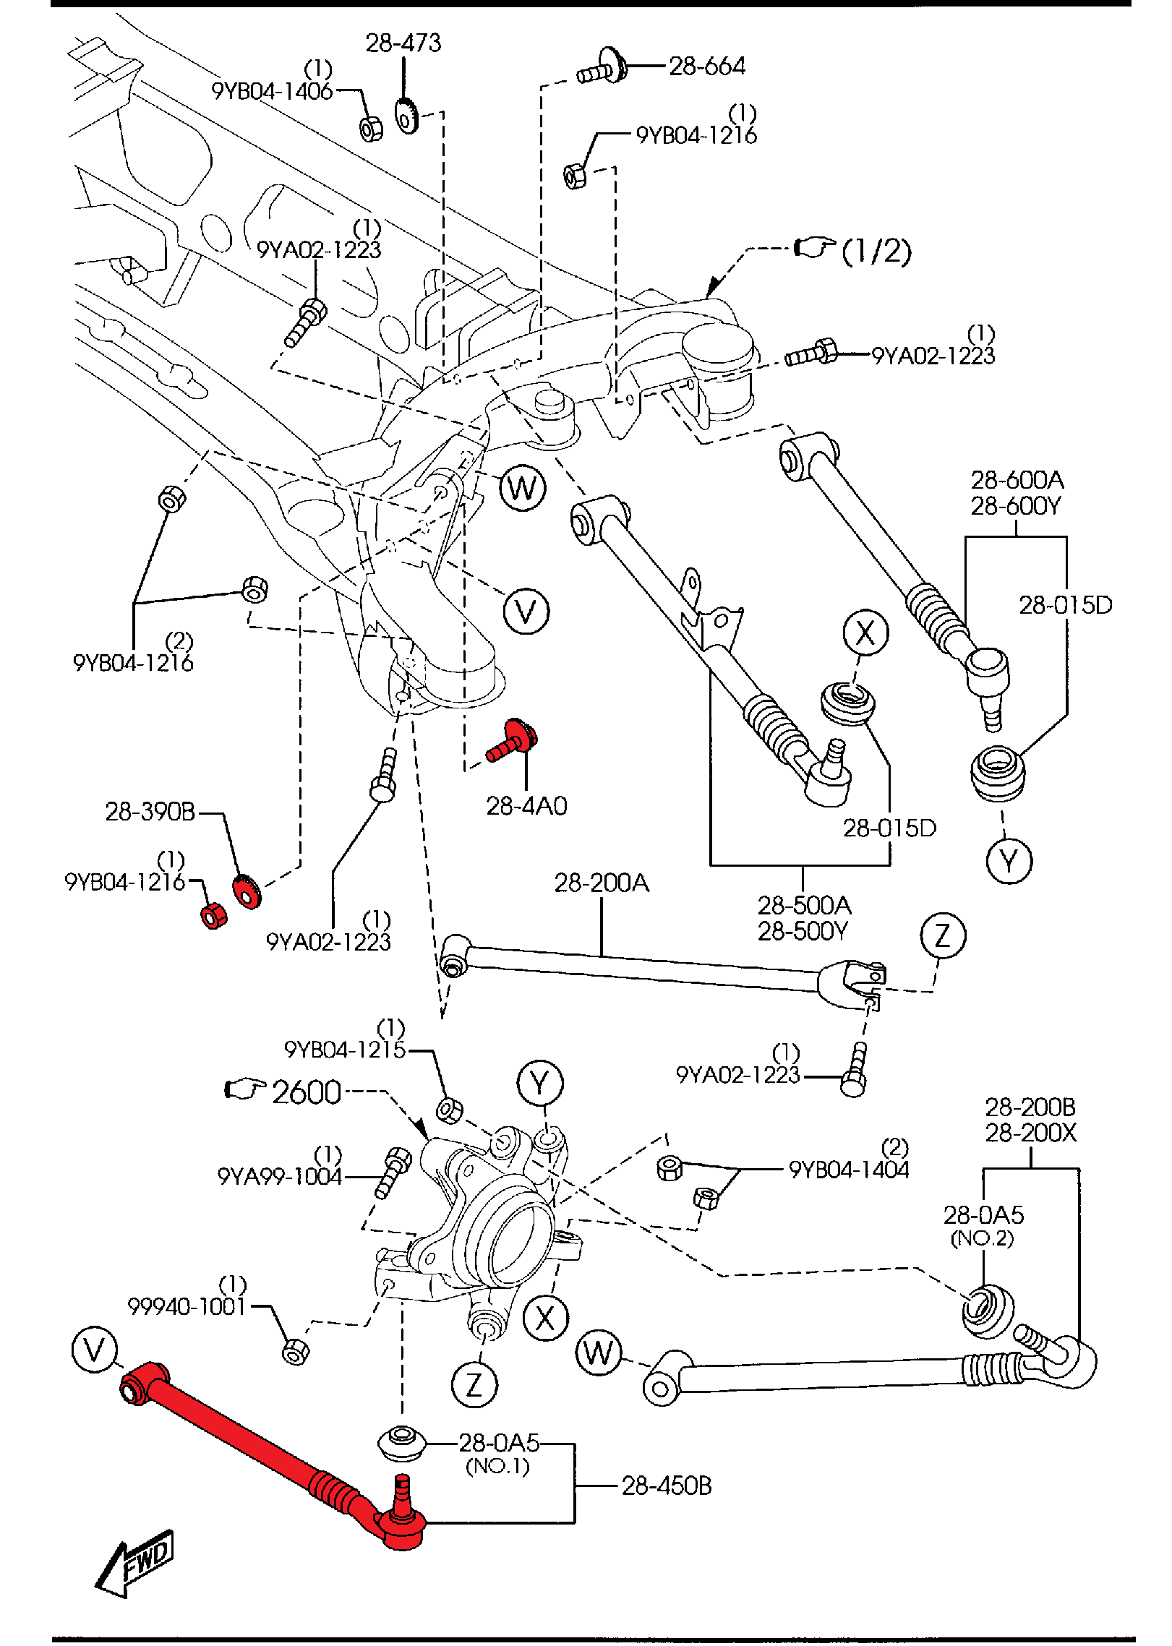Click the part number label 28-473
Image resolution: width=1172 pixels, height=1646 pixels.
pyautogui.click(x=403, y=43)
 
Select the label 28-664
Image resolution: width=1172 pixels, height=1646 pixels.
pyautogui.click(x=706, y=67)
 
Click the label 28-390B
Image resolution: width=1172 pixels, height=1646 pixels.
pyautogui.click(x=150, y=812)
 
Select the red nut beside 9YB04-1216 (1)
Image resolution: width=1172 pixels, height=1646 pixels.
pyautogui.click(x=213, y=916)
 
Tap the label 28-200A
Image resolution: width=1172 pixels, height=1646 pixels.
pyautogui.click(x=602, y=883)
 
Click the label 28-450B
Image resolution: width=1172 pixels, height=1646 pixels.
pyautogui.click(x=666, y=1486)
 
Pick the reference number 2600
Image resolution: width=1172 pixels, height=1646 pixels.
pyautogui.click(x=307, y=1092)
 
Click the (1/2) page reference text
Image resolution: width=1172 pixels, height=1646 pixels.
pyautogui.click(x=876, y=251)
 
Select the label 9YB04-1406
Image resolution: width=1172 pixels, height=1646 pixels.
pyautogui.click(x=272, y=91)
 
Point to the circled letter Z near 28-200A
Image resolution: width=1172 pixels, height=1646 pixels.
pyautogui.click(x=943, y=935)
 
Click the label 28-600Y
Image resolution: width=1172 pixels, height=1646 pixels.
pyautogui.click(x=1015, y=506)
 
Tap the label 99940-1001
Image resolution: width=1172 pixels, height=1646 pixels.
pyautogui.click(x=187, y=1307)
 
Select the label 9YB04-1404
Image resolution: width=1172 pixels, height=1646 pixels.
pyautogui.click(x=849, y=1170)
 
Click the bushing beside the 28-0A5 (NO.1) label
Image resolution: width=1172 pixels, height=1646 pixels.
pyautogui.click(x=402, y=1441)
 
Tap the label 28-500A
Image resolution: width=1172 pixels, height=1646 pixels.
pyautogui.click(x=804, y=905)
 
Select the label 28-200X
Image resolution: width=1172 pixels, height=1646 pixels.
pyautogui.click(x=1030, y=1133)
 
